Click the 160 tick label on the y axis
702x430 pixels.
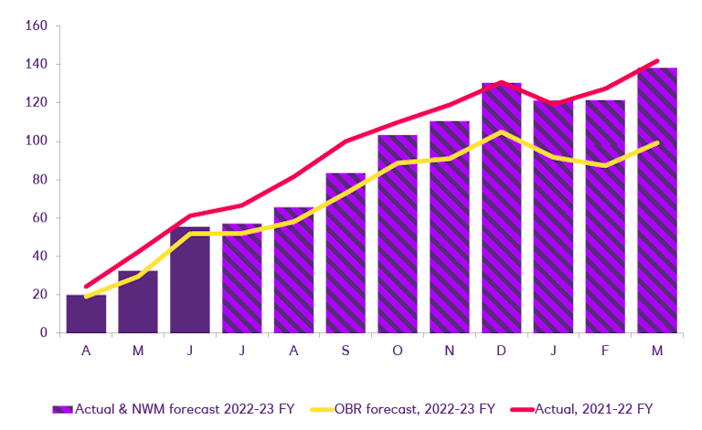(x=36, y=26)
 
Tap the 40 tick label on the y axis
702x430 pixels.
(x=38, y=257)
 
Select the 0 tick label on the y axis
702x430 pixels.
(x=42, y=333)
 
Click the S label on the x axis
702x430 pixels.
(x=346, y=351)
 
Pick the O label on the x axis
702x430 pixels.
(x=398, y=351)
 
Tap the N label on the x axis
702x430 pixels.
(x=450, y=351)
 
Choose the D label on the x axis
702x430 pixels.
(x=502, y=351)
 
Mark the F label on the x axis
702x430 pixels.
(x=605, y=351)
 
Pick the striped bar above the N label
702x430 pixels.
(x=450, y=227)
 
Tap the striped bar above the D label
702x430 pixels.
(x=502, y=208)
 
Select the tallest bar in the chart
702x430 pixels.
(x=657, y=201)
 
